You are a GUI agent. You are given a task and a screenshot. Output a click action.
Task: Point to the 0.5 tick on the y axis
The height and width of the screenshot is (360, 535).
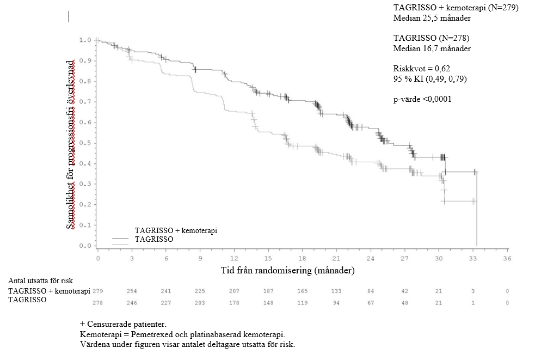(x=84, y=143)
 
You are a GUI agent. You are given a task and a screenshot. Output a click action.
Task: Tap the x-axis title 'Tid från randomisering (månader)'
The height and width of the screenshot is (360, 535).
(x=288, y=270)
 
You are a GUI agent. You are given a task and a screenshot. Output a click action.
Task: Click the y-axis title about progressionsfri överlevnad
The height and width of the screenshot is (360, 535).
(x=71, y=144)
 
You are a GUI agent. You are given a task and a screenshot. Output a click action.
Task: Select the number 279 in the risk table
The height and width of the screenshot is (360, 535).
(x=99, y=291)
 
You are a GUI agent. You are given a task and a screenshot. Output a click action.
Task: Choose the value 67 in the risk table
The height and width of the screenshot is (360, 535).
(x=371, y=303)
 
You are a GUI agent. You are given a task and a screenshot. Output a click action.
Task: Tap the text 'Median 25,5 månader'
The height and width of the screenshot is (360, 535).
(x=432, y=18)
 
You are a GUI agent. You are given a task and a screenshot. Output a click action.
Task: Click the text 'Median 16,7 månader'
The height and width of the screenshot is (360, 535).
(x=432, y=48)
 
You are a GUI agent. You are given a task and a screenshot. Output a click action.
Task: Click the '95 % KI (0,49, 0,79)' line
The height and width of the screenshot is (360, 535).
(x=429, y=79)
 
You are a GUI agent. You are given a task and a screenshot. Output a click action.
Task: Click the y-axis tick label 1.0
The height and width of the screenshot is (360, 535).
(x=84, y=40)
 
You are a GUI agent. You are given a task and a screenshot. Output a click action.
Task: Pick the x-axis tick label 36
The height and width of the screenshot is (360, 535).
(x=507, y=258)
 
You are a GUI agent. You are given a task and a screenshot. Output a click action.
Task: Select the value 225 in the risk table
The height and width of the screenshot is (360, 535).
(x=200, y=291)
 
